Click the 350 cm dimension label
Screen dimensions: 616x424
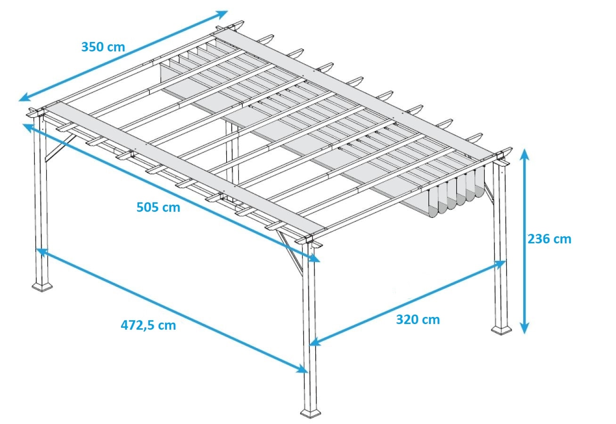103,47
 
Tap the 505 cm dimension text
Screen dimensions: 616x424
158,208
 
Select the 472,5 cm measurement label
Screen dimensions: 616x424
148,326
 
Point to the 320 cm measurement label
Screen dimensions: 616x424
418,320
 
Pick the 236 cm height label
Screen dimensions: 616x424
550,239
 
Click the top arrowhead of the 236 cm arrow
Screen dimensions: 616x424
525,154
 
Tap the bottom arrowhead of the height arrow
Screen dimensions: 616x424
525,328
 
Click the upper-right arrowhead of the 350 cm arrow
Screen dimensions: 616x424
222,14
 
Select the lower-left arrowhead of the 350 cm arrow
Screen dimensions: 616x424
25,98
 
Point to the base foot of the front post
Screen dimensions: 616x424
311,413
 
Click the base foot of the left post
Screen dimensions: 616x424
42,287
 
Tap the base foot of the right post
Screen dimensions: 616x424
501,330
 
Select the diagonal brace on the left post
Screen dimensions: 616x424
60,148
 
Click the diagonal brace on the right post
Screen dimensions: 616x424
489,193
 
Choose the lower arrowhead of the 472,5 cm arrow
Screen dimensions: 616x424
302,369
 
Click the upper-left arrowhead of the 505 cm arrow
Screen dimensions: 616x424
29,127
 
